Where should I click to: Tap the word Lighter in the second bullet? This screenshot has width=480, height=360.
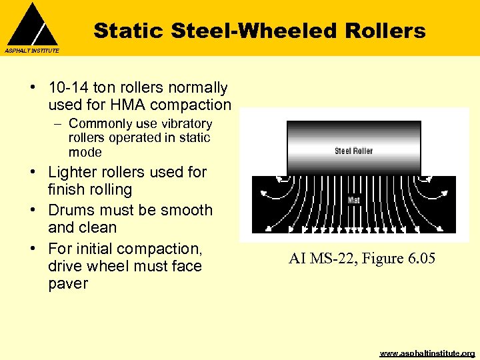tap(73, 172)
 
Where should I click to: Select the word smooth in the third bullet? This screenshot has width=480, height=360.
tap(184, 210)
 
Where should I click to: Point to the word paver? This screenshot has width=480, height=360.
tap(68, 283)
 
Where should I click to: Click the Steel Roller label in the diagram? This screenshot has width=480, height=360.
tap(353, 151)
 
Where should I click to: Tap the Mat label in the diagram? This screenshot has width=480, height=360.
tap(353, 199)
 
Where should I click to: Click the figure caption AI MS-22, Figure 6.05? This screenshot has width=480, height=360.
tap(361, 259)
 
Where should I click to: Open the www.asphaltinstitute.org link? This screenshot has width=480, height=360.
tap(427, 353)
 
